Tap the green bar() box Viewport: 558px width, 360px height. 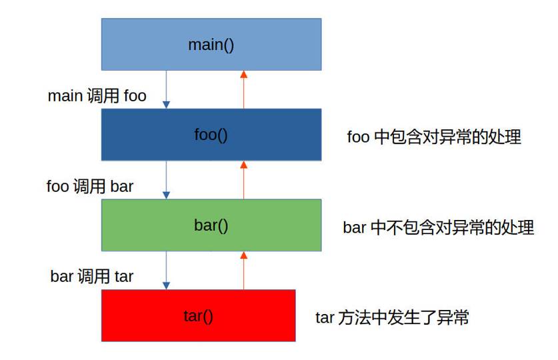(x=280, y=225)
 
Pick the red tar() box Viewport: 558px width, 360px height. (x=253, y=315)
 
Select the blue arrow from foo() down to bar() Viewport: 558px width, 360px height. (x=167, y=179)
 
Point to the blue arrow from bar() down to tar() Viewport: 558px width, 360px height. (x=167, y=270)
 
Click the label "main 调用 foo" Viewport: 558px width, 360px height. (x=97, y=96)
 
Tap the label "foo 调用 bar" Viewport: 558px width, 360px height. (x=90, y=186)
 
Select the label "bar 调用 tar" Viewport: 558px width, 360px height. (x=92, y=276)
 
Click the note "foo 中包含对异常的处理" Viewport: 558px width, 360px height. (x=434, y=137)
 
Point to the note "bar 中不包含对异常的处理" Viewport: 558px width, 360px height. (x=439, y=227)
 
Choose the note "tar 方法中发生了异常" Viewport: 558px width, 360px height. (x=392, y=317)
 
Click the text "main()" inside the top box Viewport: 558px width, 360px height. (x=211, y=45)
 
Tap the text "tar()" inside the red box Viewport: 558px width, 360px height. (x=198, y=315)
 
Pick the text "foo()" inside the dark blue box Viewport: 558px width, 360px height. (x=211, y=135)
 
